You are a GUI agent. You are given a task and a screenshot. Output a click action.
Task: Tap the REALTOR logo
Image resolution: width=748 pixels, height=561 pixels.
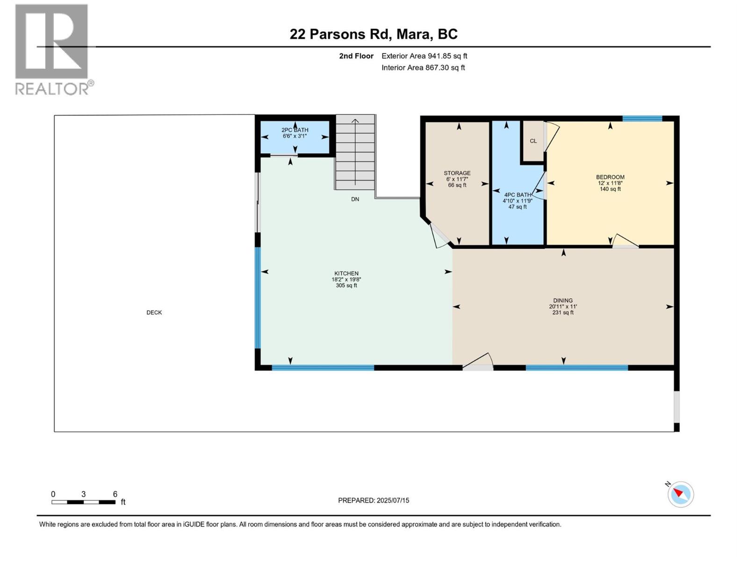pyautogui.click(x=52, y=49)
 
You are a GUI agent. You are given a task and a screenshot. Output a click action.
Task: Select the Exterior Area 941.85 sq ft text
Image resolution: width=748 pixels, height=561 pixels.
pyautogui.click(x=424, y=56)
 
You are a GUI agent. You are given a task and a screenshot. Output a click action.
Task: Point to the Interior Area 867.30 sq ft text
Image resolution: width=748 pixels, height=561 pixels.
pyautogui.click(x=423, y=67)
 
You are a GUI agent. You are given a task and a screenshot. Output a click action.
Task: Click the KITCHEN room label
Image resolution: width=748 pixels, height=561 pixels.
pyautogui.click(x=346, y=273)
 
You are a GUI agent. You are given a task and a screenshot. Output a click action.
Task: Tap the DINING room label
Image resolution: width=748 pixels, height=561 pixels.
pyautogui.click(x=563, y=301)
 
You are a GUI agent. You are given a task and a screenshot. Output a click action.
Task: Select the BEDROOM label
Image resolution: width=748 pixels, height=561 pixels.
pyautogui.click(x=610, y=177)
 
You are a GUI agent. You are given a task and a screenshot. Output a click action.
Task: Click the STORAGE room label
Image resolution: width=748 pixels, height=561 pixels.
pyautogui.click(x=457, y=173)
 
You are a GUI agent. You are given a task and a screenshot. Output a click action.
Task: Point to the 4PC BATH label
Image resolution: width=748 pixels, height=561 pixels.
pyautogui.click(x=517, y=195)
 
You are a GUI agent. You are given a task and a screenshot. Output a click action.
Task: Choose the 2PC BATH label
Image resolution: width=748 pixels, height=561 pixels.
pyautogui.click(x=295, y=130)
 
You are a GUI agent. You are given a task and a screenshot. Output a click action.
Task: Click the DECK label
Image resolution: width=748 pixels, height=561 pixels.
pyautogui.click(x=154, y=312)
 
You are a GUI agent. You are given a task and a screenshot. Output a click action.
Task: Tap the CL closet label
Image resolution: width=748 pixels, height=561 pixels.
pyautogui.click(x=533, y=141)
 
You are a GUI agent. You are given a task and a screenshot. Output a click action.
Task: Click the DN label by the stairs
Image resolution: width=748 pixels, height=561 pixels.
pyautogui.click(x=355, y=199)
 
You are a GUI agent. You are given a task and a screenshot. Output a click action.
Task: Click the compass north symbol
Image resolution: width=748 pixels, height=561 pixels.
pyautogui.click(x=680, y=494)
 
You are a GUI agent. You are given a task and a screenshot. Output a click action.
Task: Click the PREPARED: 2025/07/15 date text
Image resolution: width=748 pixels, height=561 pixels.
pyautogui.click(x=374, y=500)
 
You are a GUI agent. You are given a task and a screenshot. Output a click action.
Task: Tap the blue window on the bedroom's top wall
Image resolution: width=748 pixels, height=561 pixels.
pyautogui.click(x=642, y=118)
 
